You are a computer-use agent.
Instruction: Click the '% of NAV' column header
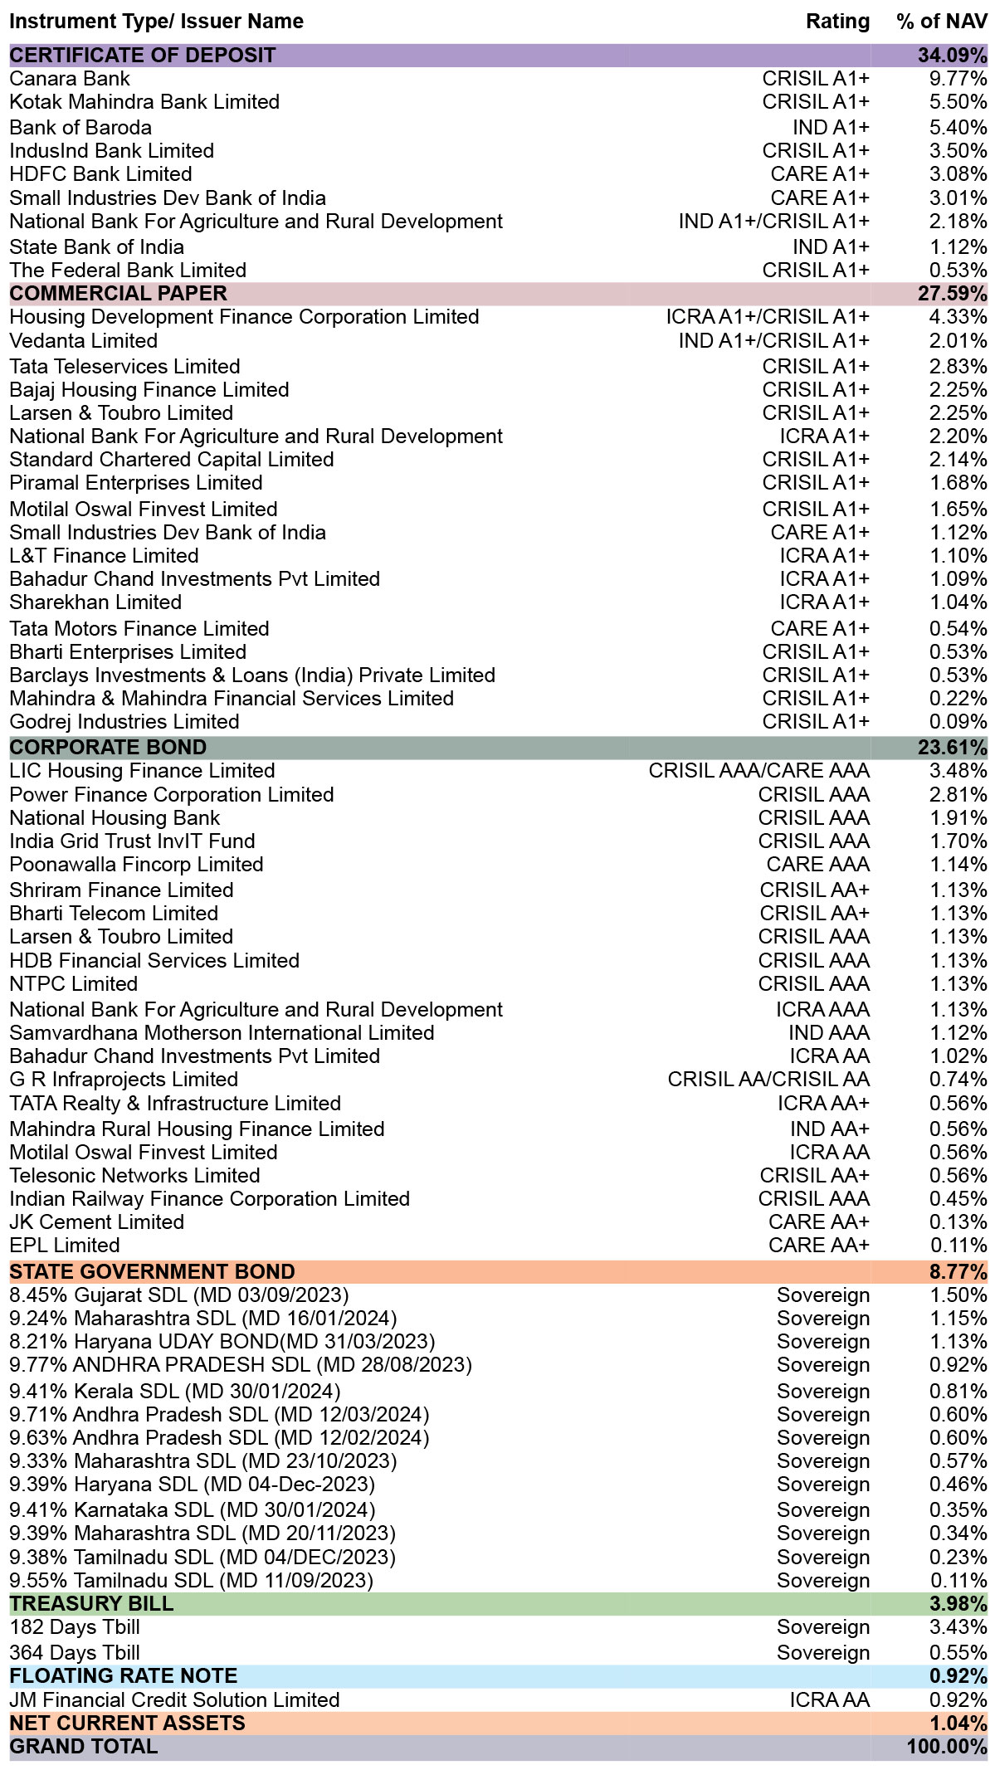pos(942,22)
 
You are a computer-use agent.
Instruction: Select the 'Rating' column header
pos(837,22)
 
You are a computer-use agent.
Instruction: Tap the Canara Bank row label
pos(70,79)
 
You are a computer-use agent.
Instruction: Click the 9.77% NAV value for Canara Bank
pos(958,79)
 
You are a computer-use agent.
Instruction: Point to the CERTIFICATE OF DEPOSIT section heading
pos(143,56)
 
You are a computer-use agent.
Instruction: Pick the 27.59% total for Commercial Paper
pos(952,294)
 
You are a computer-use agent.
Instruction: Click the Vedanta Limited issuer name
pos(84,341)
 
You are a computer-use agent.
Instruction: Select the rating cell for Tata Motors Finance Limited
pos(820,629)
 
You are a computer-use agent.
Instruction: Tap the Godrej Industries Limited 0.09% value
pos(958,722)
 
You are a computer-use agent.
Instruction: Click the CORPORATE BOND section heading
pos(109,748)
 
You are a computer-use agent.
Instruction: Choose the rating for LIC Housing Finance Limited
pos(759,771)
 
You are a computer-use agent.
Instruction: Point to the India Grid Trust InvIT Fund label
pos(133,841)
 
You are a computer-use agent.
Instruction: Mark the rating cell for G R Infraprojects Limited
pos(768,1080)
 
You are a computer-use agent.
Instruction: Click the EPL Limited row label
pos(65,1246)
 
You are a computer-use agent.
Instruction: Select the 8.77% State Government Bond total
pos(958,1272)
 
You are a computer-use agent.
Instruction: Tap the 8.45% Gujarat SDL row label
pos(179,1295)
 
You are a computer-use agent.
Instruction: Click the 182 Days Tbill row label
pos(75,1627)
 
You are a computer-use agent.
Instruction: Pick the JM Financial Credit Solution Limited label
pos(175,1700)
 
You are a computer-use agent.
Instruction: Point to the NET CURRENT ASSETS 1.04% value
pos(958,1724)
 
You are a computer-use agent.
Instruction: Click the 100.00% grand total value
pos(947,1747)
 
